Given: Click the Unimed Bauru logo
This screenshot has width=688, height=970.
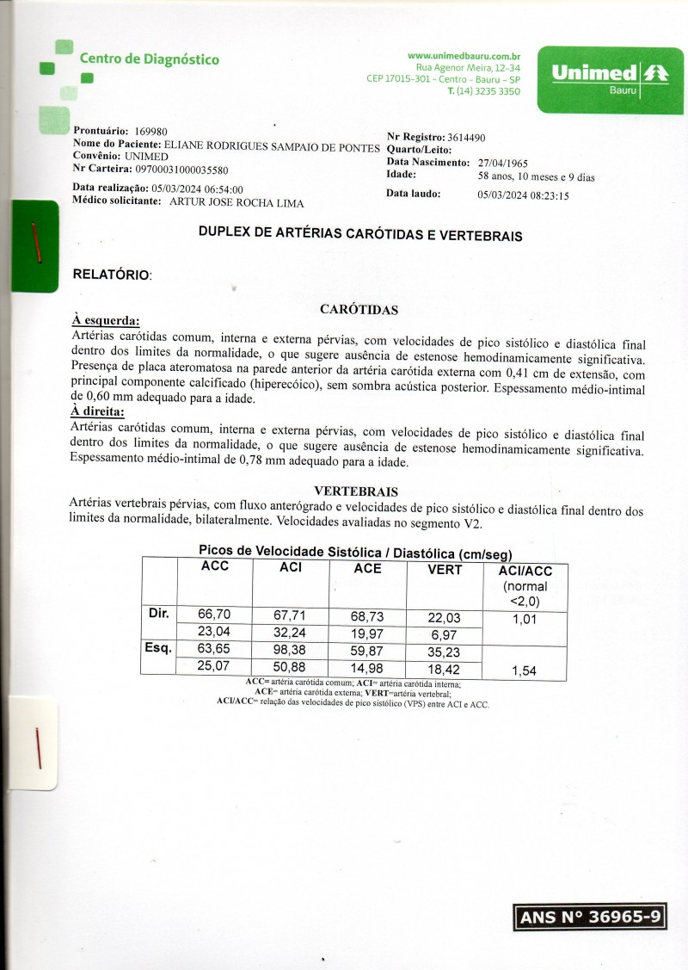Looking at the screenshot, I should pos(611,80).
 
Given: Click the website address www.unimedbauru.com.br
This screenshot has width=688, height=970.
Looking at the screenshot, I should pos(463,55).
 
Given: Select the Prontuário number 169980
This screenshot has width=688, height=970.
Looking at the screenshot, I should pos(150,131).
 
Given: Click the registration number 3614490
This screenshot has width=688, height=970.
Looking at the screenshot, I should pos(467,138).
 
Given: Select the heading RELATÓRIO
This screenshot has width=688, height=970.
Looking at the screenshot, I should pos(113,275).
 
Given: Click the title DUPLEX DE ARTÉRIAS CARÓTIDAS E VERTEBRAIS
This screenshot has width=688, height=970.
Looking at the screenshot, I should pos(359,234).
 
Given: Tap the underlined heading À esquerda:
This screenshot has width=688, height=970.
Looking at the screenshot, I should pos(105,321).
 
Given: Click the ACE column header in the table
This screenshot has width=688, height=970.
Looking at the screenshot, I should pos(367,568).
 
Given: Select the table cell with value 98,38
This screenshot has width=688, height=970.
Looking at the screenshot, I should pos(290,651).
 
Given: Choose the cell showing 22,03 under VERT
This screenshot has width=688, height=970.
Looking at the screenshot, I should pos(445,618).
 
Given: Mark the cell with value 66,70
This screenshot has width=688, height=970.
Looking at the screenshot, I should pos(214,615).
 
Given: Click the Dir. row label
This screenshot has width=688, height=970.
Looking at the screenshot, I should pos(158,614).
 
